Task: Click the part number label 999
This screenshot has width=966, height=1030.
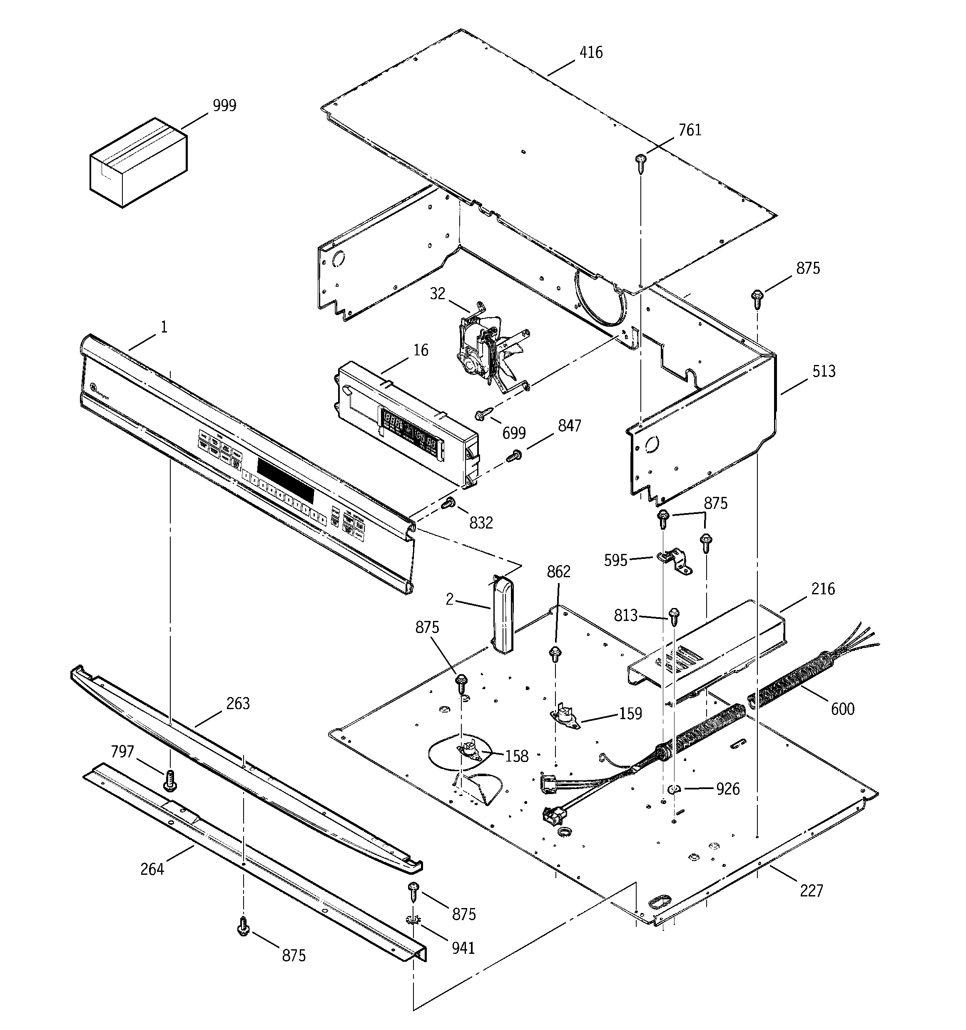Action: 224,106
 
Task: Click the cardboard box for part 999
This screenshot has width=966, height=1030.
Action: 138,163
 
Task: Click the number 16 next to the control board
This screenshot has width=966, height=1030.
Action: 421,351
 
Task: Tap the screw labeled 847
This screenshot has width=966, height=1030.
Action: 514,456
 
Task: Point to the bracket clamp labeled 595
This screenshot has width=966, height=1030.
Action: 674,562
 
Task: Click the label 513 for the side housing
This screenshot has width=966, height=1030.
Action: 824,372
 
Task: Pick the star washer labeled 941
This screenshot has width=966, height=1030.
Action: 413,920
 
